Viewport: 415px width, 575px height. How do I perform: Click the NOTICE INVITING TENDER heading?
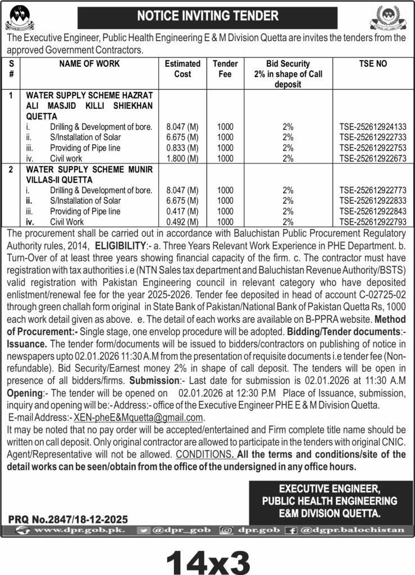[x=207, y=16]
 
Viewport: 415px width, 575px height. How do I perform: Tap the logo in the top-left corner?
[x=20, y=17]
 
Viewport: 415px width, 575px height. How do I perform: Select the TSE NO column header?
[x=372, y=64]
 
